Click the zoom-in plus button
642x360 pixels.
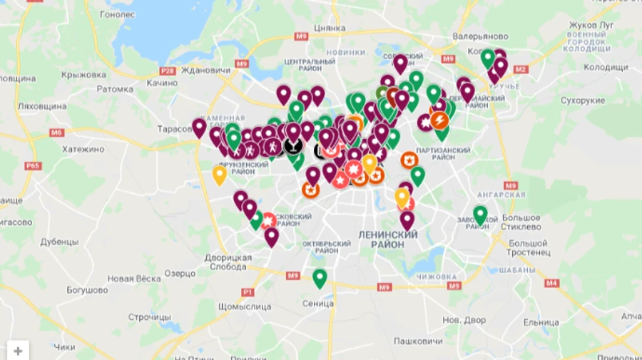(18, 350)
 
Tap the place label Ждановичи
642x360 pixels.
(206, 70)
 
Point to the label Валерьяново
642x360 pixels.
(481, 36)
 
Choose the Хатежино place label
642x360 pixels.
(83, 150)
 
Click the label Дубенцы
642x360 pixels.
(58, 241)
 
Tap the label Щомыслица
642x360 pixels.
(242, 307)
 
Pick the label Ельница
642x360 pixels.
(541, 322)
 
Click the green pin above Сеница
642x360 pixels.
(320, 277)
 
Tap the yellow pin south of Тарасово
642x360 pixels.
(220, 174)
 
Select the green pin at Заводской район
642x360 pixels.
(481, 214)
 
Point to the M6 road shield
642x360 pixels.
(57, 133)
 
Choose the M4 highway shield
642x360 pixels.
(551, 283)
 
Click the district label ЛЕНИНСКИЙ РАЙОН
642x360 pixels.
(387, 239)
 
